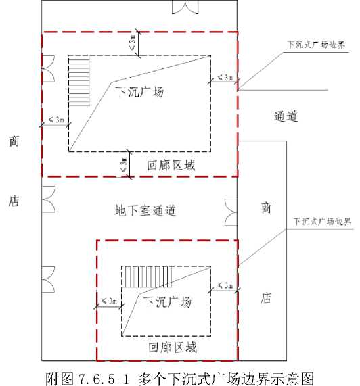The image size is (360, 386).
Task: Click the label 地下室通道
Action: coord(145,210)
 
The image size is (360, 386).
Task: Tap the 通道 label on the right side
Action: coord(286,116)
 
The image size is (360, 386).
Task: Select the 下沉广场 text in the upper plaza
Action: coord(139,91)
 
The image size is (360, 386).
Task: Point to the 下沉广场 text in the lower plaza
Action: coord(167,301)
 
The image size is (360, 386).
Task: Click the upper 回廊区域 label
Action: coord(171,165)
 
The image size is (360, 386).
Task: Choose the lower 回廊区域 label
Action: coord(173,347)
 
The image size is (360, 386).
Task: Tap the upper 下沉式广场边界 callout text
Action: coord(316,45)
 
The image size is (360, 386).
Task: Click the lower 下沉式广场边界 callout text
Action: coord(322,222)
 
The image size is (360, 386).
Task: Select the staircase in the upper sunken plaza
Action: coord(79,81)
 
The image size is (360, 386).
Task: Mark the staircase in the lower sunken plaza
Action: coord(147,276)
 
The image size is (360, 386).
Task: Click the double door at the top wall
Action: coord(185,7)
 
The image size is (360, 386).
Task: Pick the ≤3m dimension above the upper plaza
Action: coord(138,44)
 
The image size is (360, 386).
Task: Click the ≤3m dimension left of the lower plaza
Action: coord(109,304)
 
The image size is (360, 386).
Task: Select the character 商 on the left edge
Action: coord(14,141)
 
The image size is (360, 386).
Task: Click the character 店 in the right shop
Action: coord(266,298)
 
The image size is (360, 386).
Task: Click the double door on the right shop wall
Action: coord(231,212)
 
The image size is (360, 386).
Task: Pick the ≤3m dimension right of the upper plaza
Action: coord(224,79)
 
